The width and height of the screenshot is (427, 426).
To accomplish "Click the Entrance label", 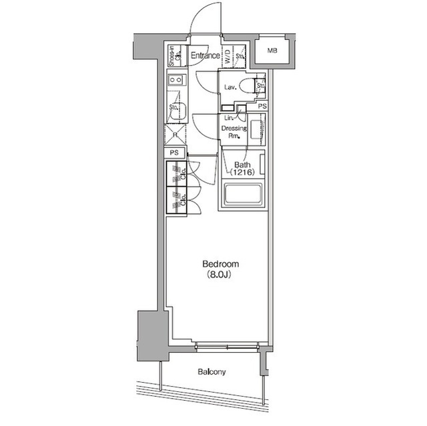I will click(205, 56).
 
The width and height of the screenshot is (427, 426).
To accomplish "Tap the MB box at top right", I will click(273, 51).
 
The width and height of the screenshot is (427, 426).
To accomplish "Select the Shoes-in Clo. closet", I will click(173, 55).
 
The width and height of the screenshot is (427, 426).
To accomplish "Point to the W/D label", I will click(228, 56).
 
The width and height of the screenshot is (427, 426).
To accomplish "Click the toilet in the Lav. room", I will click(248, 86).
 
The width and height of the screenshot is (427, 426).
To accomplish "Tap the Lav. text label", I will click(232, 87).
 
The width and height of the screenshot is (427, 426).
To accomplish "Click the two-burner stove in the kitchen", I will click(177, 81).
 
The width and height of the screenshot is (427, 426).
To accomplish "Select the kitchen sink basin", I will click(177, 113).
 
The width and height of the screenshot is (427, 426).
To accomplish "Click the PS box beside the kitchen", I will click(175, 153).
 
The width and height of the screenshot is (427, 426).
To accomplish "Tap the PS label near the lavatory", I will click(262, 106).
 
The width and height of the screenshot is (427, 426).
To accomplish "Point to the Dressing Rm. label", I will click(234, 131).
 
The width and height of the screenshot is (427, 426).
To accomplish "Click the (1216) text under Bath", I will click(243, 173).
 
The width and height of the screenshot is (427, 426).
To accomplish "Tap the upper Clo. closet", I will click(177, 173).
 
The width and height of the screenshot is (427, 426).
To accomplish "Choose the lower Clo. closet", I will click(177, 199).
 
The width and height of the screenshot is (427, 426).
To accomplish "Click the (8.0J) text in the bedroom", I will click(220, 273).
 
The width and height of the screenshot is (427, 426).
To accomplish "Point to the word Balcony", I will click(211, 372).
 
